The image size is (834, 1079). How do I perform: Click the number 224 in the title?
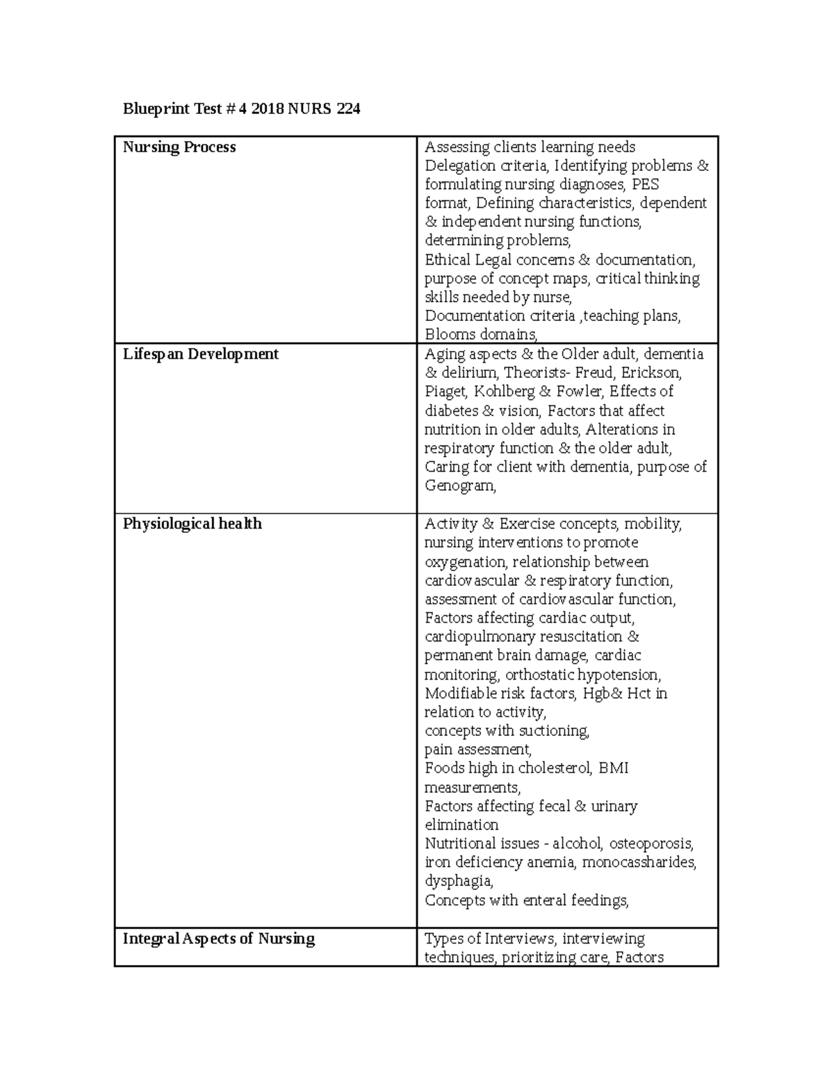348,109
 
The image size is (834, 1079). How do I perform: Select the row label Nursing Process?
179,147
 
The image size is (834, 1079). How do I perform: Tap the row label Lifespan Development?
200,354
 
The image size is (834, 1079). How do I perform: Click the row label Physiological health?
192,524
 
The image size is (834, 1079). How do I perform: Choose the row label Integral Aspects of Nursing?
218,939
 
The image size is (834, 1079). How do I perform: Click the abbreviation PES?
646,185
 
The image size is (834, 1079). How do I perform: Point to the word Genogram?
459,486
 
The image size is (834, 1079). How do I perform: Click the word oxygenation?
464,562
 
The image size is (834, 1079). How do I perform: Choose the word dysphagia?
458,882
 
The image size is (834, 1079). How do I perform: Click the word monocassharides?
639,863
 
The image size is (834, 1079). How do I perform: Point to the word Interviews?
519,939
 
